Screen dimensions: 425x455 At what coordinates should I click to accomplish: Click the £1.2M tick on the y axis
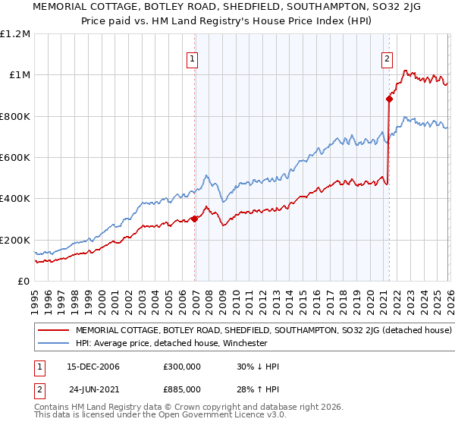pyautogui.click(x=15, y=34)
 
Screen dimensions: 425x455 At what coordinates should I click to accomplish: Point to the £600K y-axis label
pyautogui.click(x=15, y=158)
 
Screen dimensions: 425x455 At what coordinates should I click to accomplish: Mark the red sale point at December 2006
pyautogui.click(x=195, y=219)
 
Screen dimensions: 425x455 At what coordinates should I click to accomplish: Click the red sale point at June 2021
pyautogui.click(x=390, y=98)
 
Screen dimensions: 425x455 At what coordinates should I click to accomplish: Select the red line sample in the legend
pyautogui.click(x=54, y=331)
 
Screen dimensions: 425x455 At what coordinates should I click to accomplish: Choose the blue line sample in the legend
pyautogui.click(x=54, y=343)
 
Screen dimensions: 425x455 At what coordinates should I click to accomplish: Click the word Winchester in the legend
pyautogui.click(x=243, y=343)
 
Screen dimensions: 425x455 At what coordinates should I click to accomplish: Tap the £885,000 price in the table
pyautogui.click(x=182, y=389)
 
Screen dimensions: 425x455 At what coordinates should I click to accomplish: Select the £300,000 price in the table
pyautogui.click(x=182, y=367)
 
